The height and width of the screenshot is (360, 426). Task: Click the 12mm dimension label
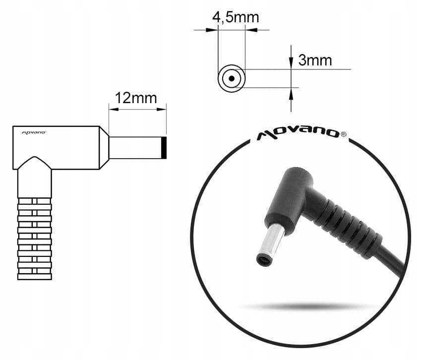(x=136, y=98)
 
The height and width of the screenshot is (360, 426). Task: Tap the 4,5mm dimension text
(x=236, y=17)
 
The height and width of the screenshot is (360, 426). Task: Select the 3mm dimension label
(x=315, y=60)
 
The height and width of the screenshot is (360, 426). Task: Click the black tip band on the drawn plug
(x=164, y=148)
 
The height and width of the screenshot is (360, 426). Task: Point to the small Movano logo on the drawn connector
(x=34, y=132)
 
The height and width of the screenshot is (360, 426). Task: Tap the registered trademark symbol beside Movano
(x=343, y=134)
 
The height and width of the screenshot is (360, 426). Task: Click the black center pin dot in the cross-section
(x=232, y=78)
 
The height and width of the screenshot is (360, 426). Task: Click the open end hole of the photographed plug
(x=263, y=260)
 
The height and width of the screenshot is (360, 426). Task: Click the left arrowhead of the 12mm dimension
(x=114, y=109)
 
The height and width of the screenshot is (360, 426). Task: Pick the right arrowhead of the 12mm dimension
(x=161, y=109)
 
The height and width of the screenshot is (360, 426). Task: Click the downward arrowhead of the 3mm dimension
(x=291, y=63)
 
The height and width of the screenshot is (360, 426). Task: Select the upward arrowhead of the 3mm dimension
(x=291, y=94)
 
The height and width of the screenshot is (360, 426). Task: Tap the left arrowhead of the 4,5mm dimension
(x=212, y=30)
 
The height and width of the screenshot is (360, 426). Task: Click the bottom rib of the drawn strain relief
(x=35, y=277)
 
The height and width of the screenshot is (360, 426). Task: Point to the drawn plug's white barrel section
(x=135, y=148)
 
